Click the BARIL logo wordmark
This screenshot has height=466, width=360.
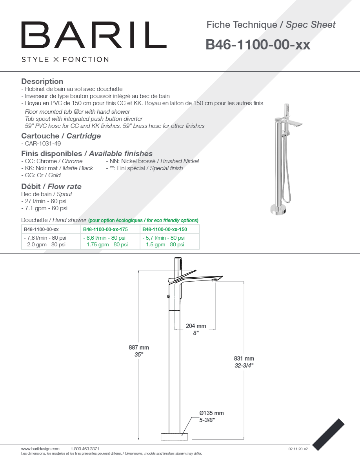click(x=94, y=35)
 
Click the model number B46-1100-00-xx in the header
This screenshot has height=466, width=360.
click(x=258, y=45)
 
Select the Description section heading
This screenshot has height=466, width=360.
click(x=42, y=82)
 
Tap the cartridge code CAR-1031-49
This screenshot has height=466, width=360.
click(x=41, y=144)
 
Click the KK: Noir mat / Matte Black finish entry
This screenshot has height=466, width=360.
click(x=57, y=168)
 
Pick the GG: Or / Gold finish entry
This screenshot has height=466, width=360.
click(x=41, y=175)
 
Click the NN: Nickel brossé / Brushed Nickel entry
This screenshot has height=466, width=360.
click(x=153, y=161)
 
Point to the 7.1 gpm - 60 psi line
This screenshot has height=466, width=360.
click(x=44, y=208)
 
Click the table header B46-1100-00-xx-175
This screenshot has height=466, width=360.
click(x=105, y=229)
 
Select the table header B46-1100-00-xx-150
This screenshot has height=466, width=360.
click(x=165, y=229)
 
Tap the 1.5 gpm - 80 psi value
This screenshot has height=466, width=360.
click(x=164, y=245)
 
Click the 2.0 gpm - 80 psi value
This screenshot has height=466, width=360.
click(x=45, y=245)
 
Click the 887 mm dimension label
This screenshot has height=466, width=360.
click(x=139, y=348)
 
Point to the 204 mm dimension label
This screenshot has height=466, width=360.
click(x=196, y=326)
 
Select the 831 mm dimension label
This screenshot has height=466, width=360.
click(x=244, y=359)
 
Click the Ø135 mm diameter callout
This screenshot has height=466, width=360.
click(x=211, y=413)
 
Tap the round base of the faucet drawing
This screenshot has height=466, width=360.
click(x=175, y=437)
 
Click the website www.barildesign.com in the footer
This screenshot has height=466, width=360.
click(x=40, y=449)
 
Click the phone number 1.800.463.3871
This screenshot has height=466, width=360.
click(x=85, y=449)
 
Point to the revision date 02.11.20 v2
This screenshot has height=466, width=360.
click(x=298, y=449)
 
